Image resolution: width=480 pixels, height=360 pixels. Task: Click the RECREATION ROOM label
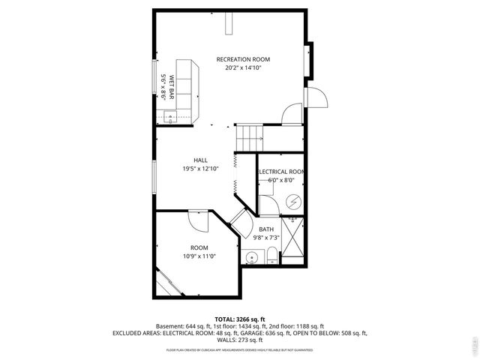pos(243,59)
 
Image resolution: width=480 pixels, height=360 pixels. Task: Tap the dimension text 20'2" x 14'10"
pos(243,67)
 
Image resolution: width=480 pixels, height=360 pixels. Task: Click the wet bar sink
pos(169,116)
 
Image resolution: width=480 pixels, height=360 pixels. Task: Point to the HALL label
pos(200,160)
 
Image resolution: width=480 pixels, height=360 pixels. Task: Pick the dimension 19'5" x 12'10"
pos(200,169)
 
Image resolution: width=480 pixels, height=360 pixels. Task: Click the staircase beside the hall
pos(250,137)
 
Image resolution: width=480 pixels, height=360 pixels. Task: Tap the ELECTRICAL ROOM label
pos(281,172)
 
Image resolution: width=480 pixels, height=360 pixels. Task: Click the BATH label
pos(266,229)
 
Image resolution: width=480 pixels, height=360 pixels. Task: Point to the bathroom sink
pos(250,258)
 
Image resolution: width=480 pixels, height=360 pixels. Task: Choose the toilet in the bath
pos(268,257)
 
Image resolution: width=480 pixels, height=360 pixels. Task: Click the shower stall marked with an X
pos(292,244)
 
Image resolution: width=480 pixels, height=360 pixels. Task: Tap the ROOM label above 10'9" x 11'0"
pos(199,247)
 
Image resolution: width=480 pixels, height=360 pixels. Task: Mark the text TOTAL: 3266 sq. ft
pos(239,319)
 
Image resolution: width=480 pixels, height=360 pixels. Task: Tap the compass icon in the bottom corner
pos(472,345)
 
